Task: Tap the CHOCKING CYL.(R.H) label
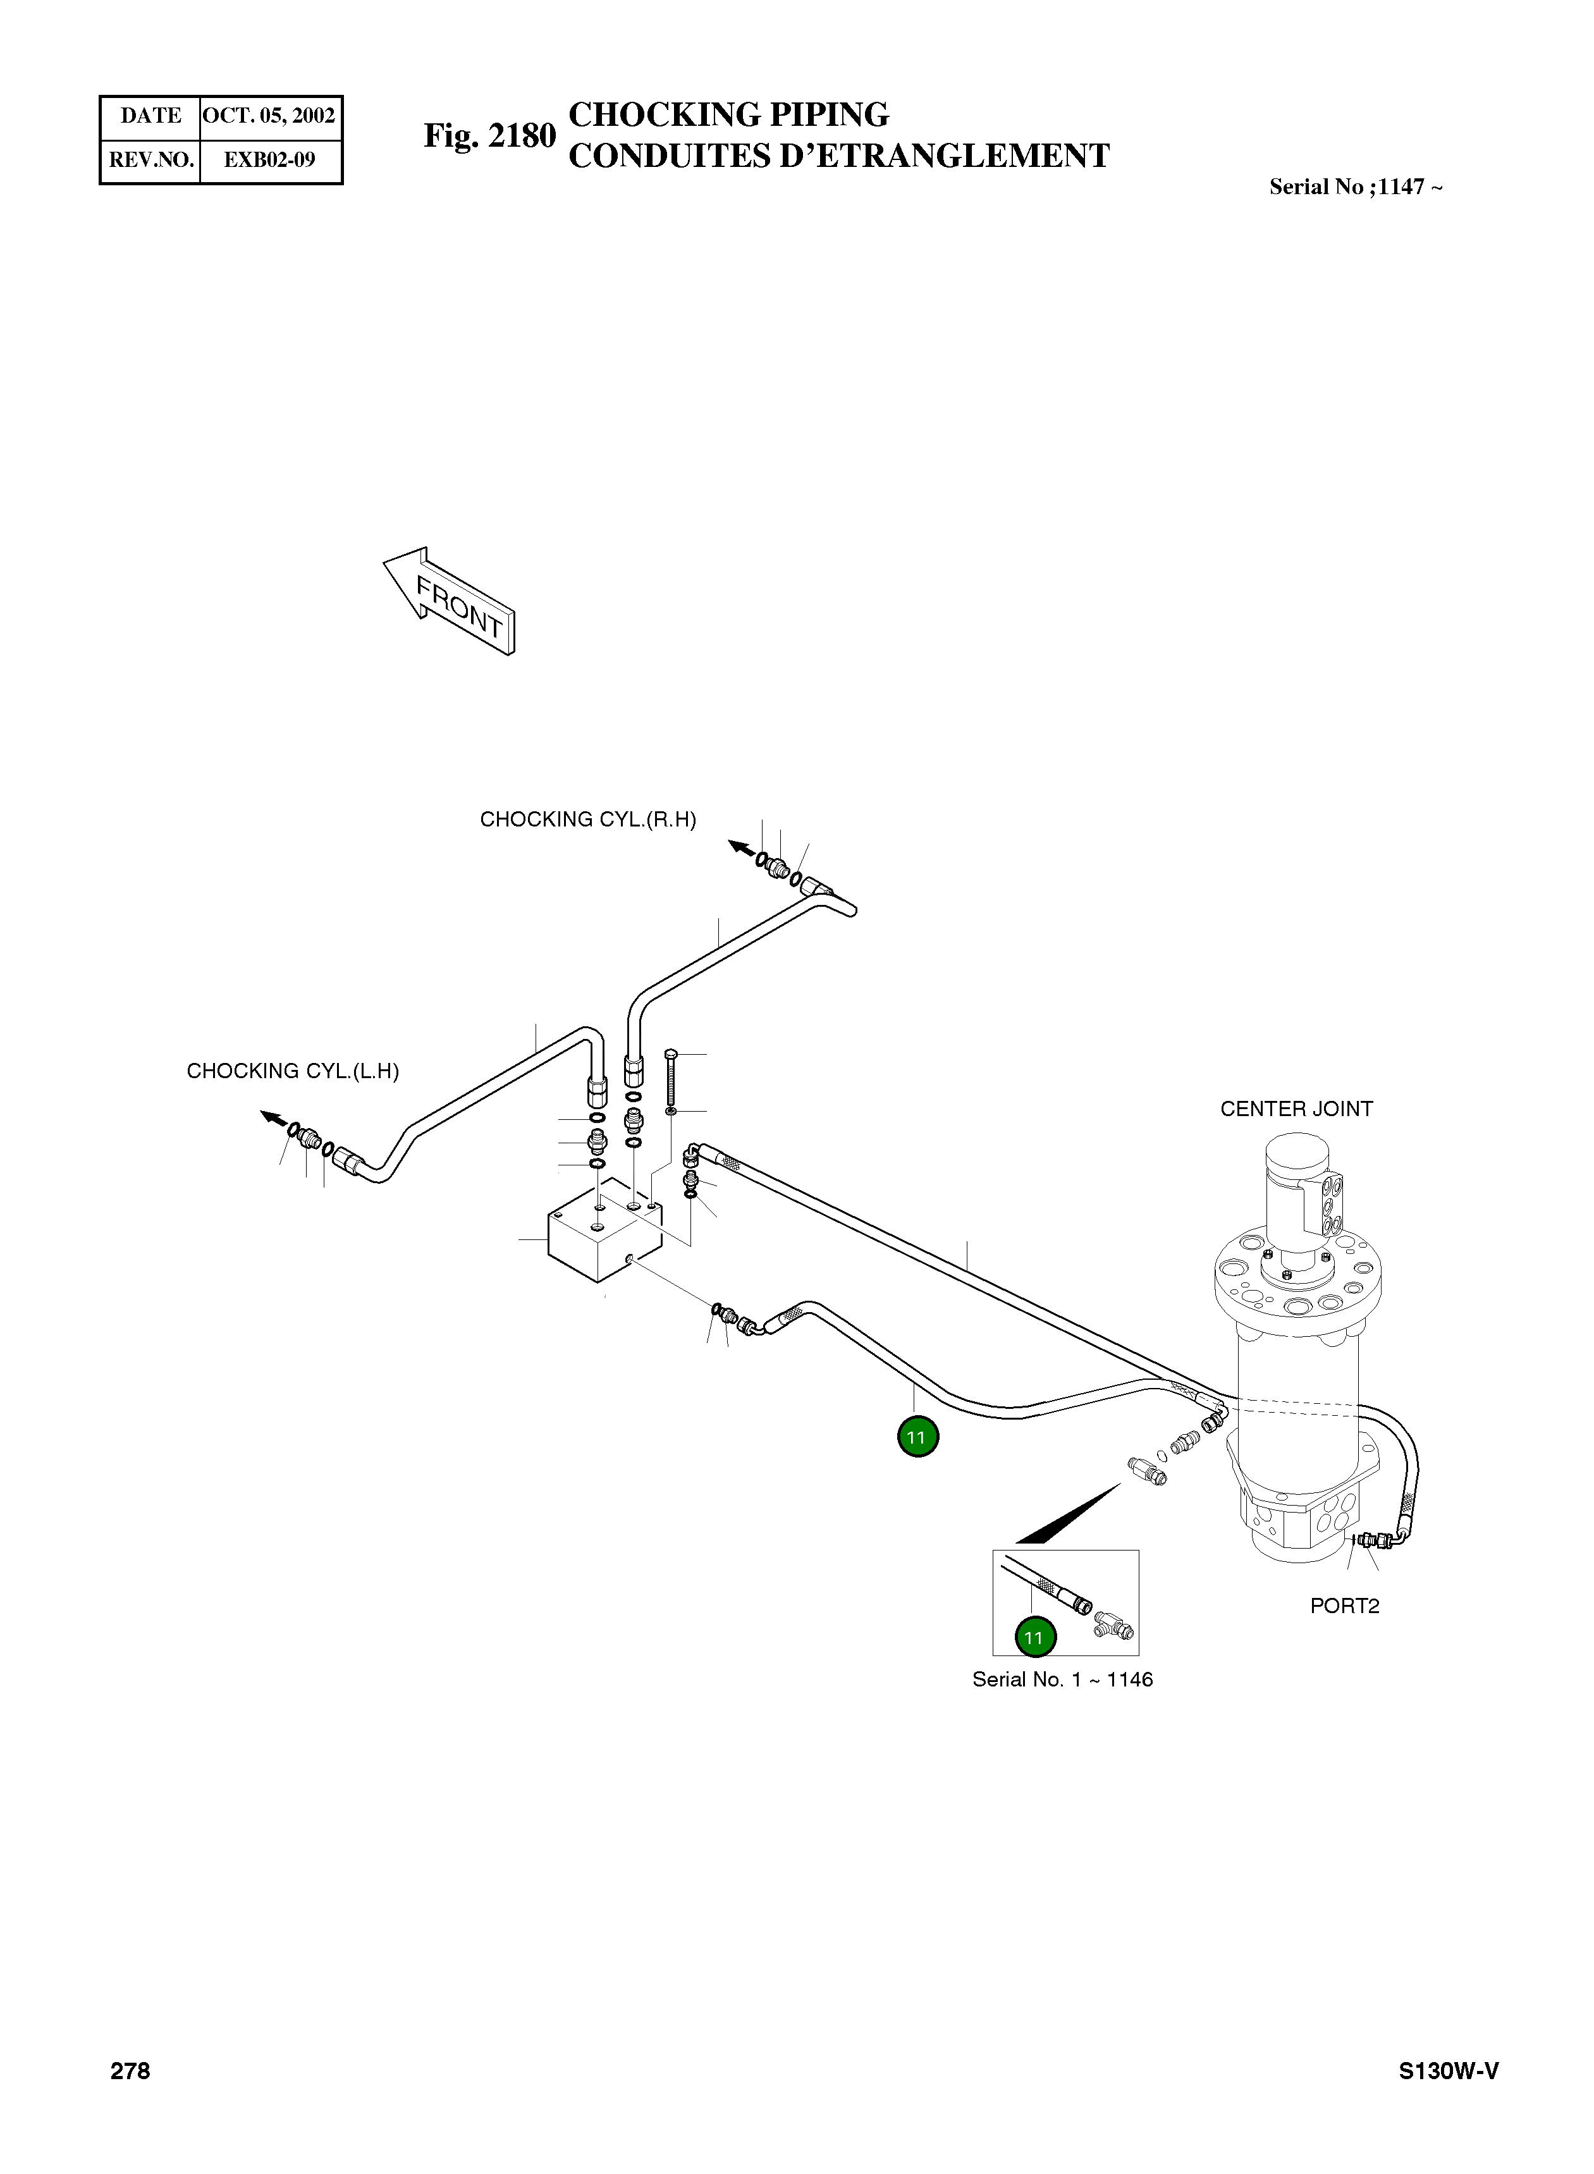[587, 820]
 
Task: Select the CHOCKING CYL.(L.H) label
[292, 1071]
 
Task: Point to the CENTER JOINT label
[1296, 1108]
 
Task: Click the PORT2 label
[1344, 1606]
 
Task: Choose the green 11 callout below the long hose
[917, 1437]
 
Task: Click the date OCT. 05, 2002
[269, 116]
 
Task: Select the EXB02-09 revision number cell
[269, 160]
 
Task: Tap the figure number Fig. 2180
[489, 136]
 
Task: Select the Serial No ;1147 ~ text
[1355, 187]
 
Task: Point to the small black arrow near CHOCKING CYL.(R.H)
[741, 847]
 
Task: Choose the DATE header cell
[150, 116]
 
